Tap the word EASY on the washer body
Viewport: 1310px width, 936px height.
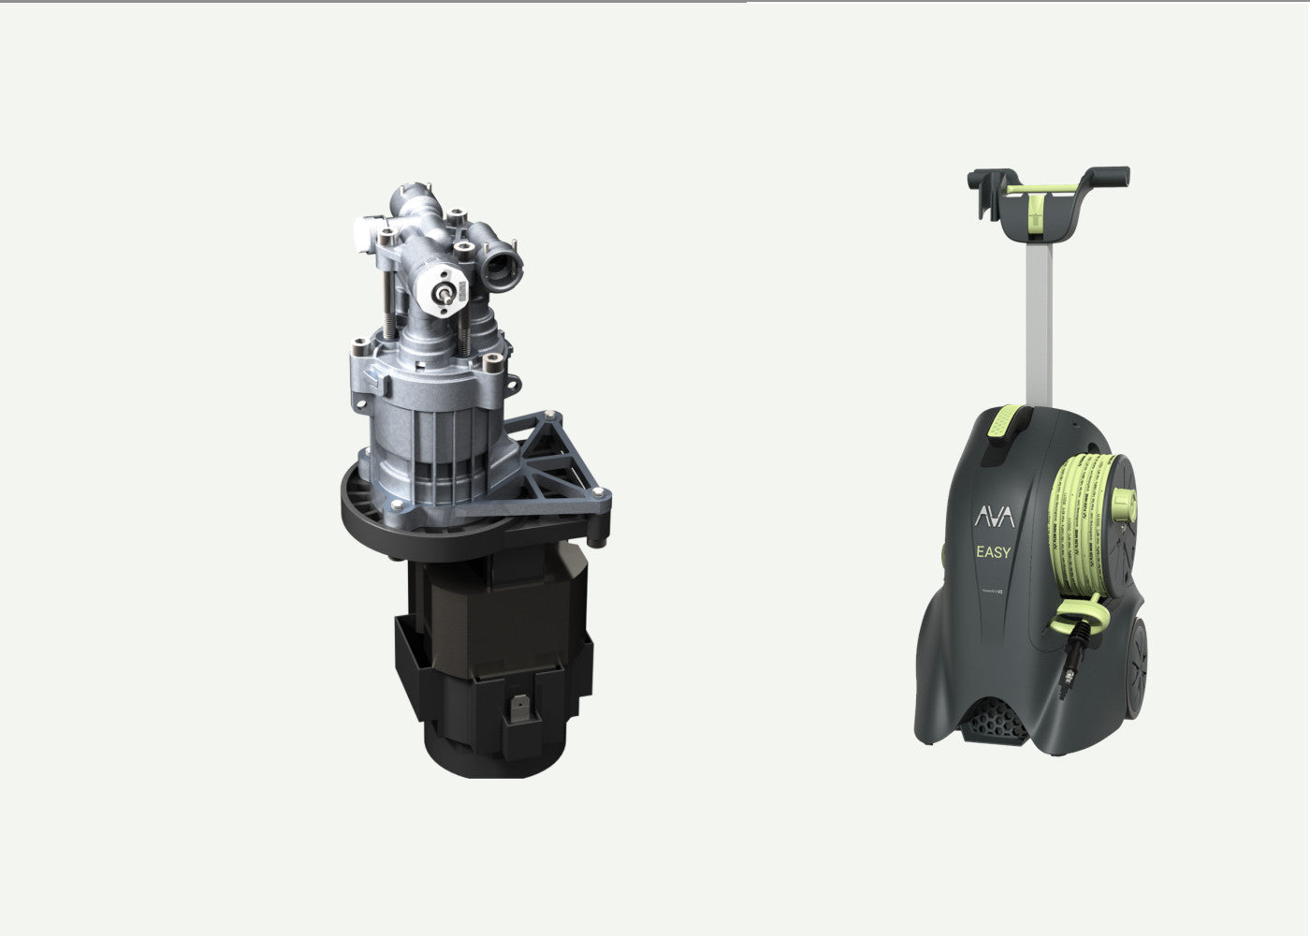993,552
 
